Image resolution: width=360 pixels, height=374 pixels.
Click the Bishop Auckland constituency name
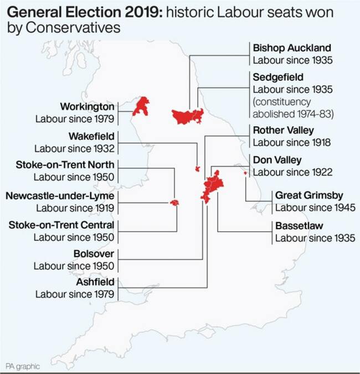(291, 48)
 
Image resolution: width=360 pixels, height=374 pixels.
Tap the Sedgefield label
(278, 76)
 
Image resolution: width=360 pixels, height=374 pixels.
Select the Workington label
(88, 106)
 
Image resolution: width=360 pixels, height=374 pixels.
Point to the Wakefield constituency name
(91, 136)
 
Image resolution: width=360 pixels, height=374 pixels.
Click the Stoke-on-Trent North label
(65, 165)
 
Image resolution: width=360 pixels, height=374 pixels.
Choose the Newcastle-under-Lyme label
(60, 195)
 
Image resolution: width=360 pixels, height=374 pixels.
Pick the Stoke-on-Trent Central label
(61, 225)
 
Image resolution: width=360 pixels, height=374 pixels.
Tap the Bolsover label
(94, 254)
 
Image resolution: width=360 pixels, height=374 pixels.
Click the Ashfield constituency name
(96, 282)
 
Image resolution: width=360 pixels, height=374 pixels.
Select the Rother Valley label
(283, 131)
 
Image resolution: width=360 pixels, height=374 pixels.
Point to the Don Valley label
(277, 160)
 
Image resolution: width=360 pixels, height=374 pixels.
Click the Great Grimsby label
(309, 195)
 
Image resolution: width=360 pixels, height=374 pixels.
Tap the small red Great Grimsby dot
(244, 173)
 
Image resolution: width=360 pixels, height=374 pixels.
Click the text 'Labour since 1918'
(292, 143)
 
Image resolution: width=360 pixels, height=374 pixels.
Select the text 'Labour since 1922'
(292, 172)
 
